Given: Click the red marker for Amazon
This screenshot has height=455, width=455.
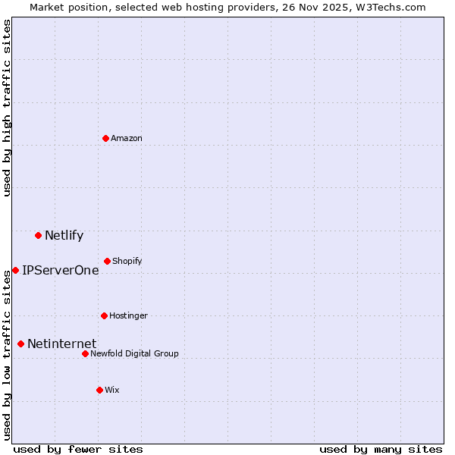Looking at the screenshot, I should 105,138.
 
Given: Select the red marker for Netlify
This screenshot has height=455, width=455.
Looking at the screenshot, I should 38,235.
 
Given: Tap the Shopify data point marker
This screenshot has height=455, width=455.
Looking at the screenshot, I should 107,261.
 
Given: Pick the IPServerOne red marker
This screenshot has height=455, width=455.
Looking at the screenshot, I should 15,270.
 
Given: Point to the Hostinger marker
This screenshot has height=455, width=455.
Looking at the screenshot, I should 104,315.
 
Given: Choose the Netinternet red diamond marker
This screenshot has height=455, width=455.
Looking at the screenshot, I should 20,344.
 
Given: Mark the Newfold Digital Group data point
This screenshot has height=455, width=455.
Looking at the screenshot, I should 85,353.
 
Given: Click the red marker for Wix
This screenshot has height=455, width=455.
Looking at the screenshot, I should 99,390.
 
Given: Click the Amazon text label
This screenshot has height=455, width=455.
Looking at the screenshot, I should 127,138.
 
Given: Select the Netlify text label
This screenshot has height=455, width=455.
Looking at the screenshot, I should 64,235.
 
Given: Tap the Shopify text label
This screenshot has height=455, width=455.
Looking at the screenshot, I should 127,261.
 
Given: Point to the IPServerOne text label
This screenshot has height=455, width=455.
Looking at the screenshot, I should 60,270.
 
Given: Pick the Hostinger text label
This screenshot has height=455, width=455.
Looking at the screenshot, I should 128,315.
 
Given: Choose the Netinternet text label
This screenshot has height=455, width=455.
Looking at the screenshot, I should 61,344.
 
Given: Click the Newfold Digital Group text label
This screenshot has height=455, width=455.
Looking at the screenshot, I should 134,353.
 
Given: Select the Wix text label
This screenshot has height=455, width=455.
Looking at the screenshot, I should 112,390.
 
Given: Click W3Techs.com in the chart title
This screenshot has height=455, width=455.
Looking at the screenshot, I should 392,7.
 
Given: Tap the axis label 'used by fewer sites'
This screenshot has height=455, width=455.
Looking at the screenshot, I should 78,449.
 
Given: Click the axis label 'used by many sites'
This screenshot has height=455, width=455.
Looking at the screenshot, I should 381,449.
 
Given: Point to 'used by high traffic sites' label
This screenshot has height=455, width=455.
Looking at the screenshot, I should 7,108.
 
